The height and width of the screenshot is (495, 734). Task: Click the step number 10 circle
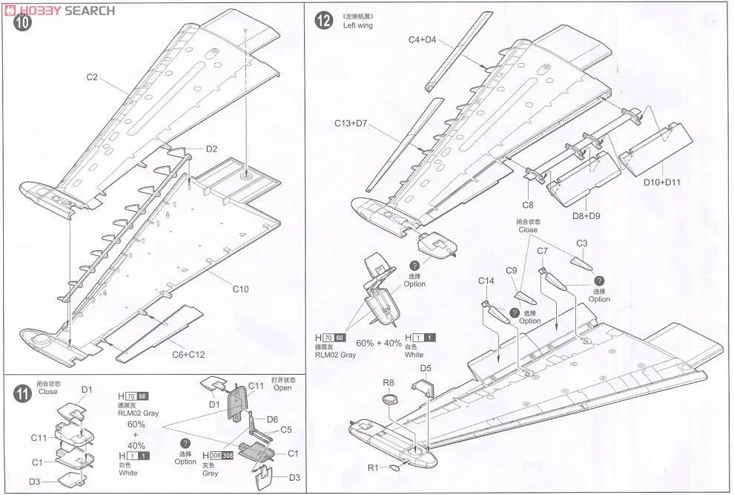click(24, 22)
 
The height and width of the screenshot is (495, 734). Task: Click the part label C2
click(92, 77)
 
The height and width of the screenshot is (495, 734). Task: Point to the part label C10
click(240, 289)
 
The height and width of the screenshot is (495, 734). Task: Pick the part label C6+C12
click(190, 354)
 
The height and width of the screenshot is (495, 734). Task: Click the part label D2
click(211, 148)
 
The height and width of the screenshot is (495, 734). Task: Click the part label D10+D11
click(661, 182)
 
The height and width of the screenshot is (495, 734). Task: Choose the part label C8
click(527, 204)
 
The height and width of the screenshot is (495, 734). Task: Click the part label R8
click(389, 383)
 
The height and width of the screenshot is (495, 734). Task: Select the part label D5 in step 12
click(426, 367)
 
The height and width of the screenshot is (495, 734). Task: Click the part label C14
click(486, 281)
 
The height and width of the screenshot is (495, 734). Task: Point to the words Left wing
click(357, 25)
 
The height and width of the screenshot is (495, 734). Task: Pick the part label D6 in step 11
click(272, 419)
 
